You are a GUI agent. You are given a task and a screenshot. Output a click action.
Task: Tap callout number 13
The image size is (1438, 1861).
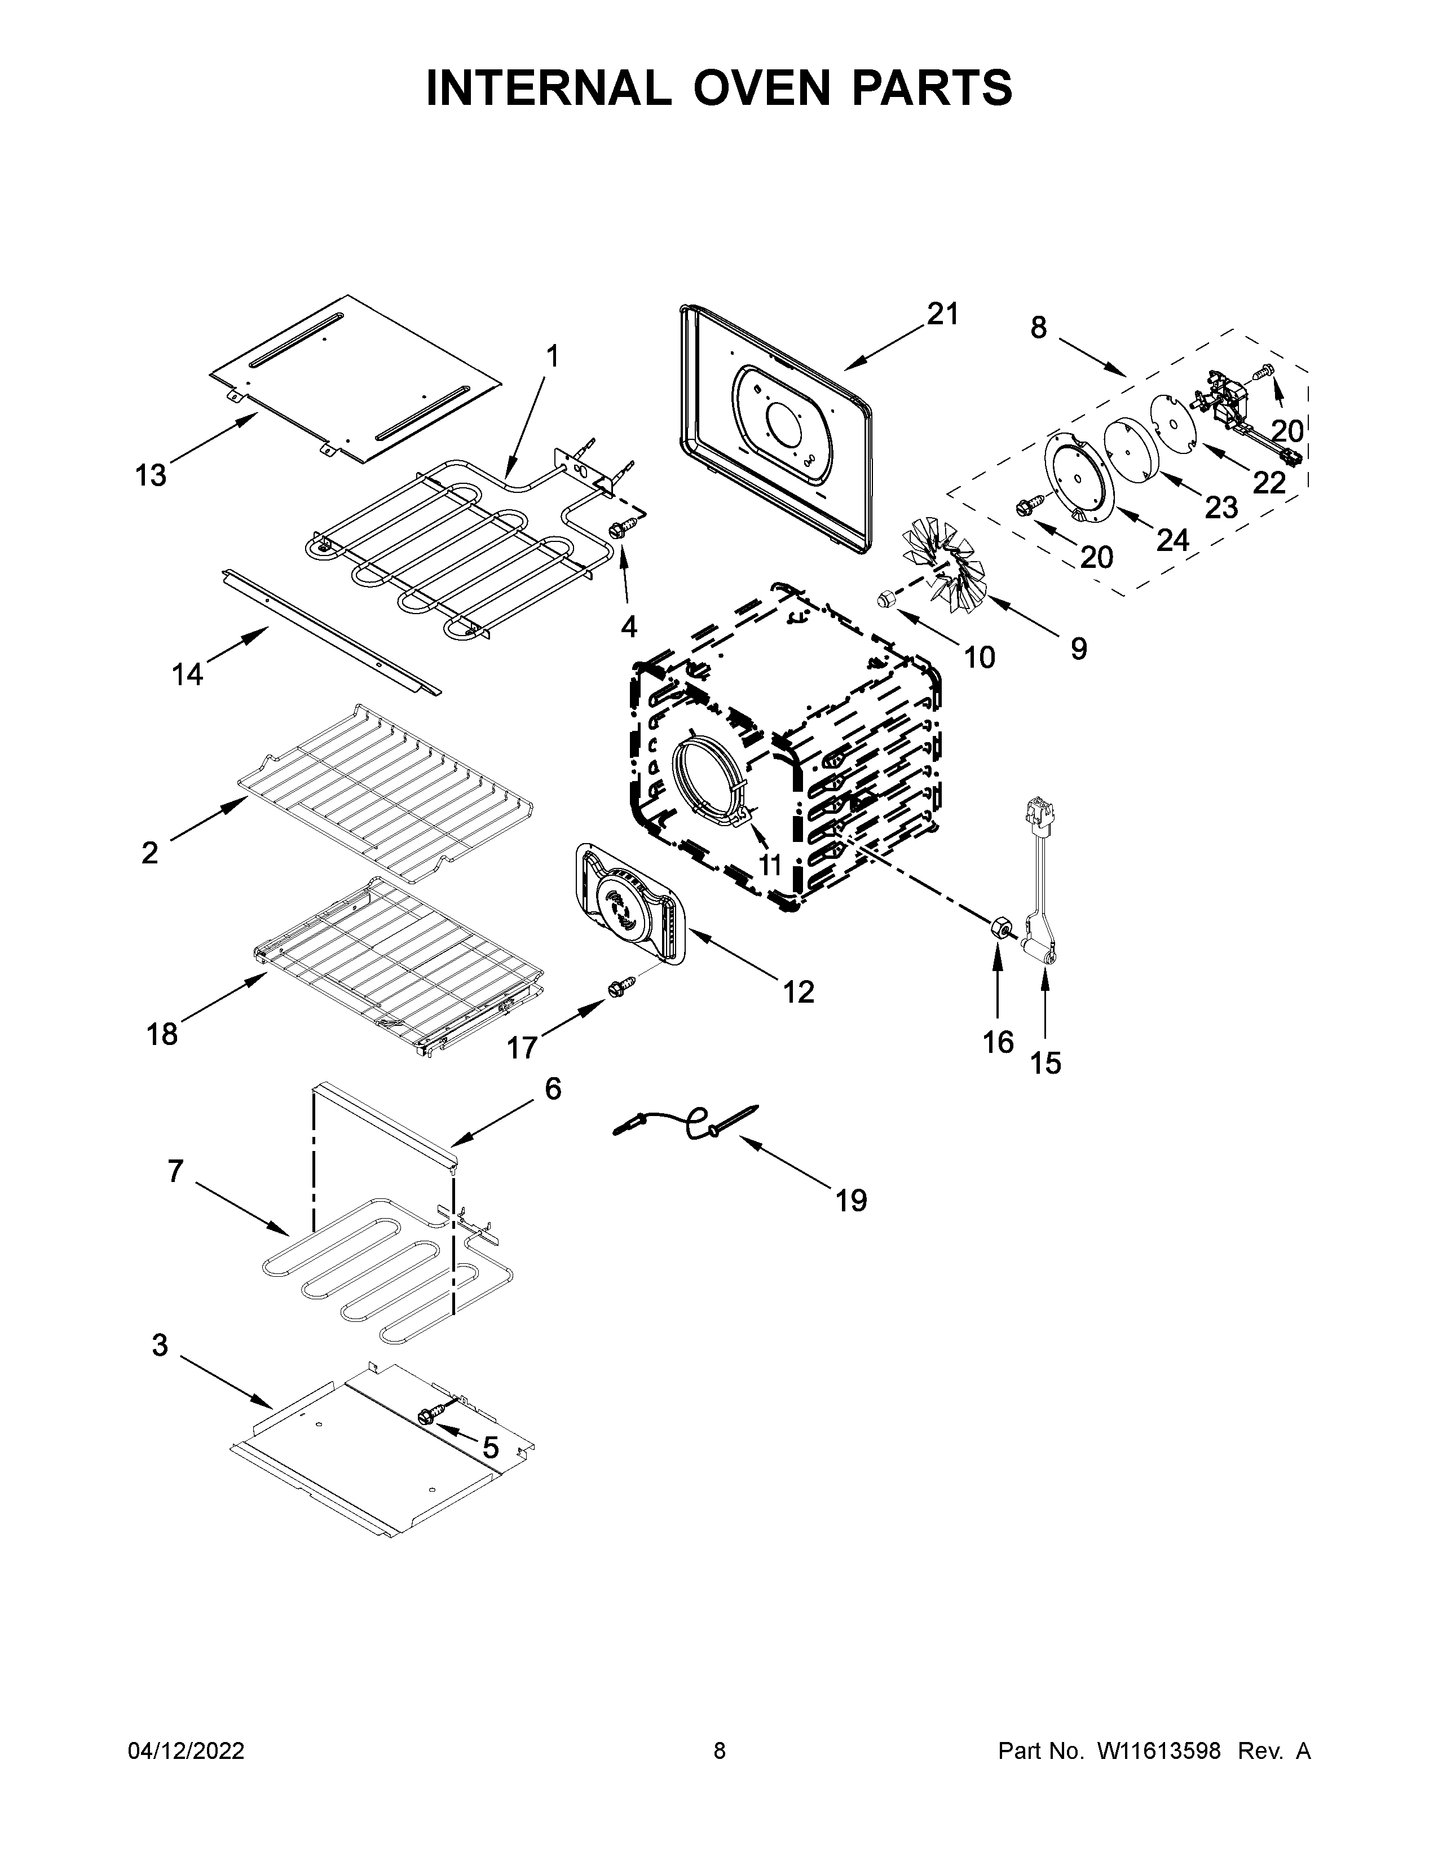coord(151,475)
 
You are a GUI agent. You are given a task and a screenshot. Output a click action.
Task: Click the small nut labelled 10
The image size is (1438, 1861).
coord(886,599)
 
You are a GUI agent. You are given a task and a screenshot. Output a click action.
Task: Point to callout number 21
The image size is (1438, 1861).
coord(943,315)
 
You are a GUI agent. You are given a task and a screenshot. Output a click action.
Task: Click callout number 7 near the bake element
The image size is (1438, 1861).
coord(175,1172)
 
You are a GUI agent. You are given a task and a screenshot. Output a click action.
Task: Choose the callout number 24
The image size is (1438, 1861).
coord(1172,539)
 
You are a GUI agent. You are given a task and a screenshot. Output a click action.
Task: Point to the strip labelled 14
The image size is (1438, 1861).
coord(332,632)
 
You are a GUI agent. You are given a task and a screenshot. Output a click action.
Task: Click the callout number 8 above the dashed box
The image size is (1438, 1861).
coord(1038,327)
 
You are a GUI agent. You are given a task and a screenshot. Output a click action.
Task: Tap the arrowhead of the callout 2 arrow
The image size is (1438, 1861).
coord(242,802)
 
